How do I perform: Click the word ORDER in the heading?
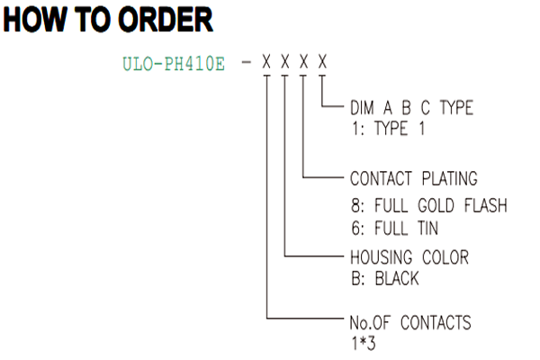coord(166,19)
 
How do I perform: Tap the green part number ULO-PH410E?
coord(174,64)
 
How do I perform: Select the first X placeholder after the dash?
coord(266,62)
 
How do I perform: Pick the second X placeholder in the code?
coord(284,62)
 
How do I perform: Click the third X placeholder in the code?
coord(303,62)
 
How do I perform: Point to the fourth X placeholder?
coord(322,62)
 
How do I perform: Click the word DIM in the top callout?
coord(362,107)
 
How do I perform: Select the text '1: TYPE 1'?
coord(388,129)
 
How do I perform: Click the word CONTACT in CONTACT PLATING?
coord(381,178)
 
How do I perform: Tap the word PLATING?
coord(450,178)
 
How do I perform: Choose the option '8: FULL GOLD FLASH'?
coord(429,205)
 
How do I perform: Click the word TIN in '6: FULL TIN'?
coord(428,228)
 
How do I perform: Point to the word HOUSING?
coord(381,257)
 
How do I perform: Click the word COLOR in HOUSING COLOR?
coord(445,257)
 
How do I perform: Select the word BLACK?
coord(397,278)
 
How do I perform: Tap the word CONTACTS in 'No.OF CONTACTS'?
coord(436,323)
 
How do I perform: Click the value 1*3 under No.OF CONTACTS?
coord(364,343)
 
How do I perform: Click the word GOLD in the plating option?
coord(436,205)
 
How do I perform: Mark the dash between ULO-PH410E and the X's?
coord(247,62)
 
